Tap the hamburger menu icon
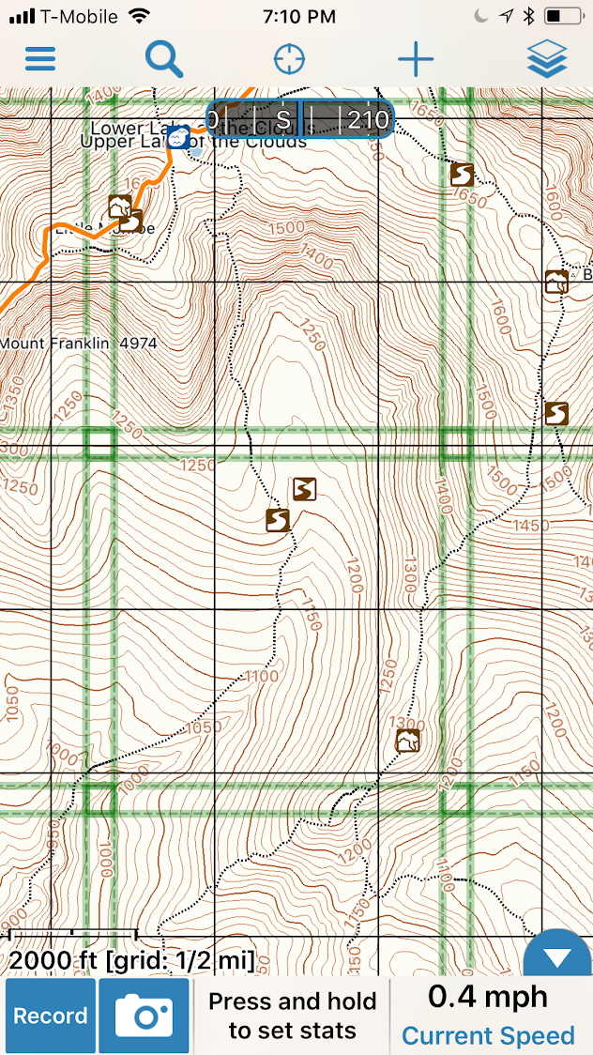[40, 59]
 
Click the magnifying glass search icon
[164, 59]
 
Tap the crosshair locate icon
[289, 59]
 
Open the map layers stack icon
[547, 59]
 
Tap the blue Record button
[51, 1016]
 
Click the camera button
[144, 1016]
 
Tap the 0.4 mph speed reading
[488, 997]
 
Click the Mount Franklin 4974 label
[79, 344]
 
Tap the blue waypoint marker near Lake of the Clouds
[177, 137]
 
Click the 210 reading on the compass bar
[367, 120]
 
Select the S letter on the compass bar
[283, 120]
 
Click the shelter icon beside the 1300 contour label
[407, 741]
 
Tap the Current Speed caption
[488, 1035]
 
